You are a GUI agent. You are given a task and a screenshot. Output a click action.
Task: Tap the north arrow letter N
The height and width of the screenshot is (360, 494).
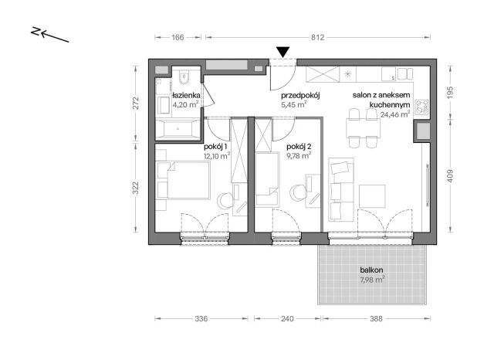(36, 31)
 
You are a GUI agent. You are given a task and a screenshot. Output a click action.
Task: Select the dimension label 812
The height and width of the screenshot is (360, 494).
(317, 38)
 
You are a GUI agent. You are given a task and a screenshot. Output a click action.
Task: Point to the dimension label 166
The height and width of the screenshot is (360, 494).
(178, 38)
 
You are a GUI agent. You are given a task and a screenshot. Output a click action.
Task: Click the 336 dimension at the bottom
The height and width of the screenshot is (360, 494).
(201, 319)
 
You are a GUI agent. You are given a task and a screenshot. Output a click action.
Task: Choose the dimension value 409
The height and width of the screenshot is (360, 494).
(450, 176)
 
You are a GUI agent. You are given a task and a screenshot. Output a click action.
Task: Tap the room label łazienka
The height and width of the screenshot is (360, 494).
(186, 95)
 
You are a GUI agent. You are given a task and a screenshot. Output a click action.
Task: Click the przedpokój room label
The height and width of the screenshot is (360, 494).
(300, 96)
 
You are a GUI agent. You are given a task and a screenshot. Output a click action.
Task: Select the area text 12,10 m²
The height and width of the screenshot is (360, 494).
(217, 155)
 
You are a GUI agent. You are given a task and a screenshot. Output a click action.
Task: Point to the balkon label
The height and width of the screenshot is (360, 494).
(372, 270)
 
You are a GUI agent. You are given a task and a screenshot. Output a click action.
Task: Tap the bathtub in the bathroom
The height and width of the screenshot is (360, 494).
(178, 129)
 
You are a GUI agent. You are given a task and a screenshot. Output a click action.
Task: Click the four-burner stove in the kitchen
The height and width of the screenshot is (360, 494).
(422, 107)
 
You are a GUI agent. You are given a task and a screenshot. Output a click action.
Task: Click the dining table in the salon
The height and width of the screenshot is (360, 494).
(364, 127)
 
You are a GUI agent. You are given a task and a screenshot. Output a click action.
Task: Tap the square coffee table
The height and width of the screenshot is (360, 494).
(372, 196)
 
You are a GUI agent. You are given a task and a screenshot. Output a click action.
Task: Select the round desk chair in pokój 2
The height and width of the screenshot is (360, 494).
(297, 192)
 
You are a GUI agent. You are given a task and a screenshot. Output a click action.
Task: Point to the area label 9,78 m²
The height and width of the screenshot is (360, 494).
(299, 156)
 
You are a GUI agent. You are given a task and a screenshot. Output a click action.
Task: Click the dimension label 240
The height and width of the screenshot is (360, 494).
(287, 319)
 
